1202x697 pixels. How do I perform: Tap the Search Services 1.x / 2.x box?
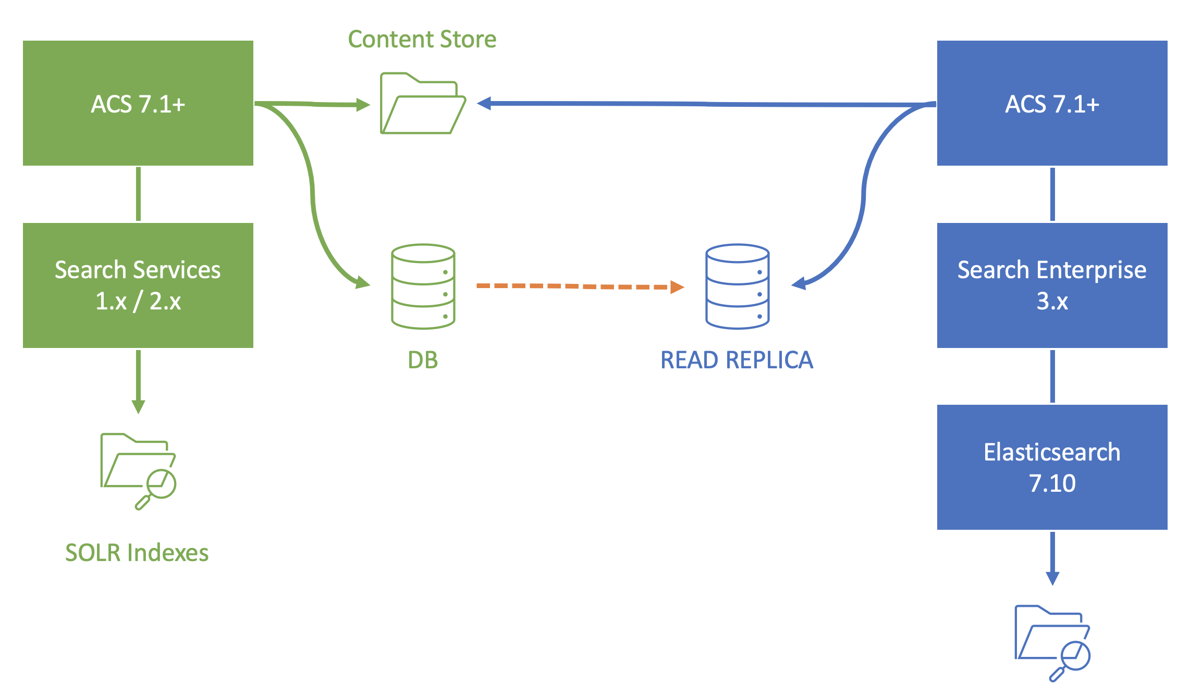pos(138,285)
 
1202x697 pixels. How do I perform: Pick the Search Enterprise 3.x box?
pos(1052,285)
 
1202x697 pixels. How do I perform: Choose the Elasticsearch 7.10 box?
pos(1052,467)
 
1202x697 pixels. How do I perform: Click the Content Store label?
pos(422,40)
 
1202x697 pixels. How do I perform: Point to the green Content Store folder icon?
pos(423,104)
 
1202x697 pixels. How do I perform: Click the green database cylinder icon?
pos(423,287)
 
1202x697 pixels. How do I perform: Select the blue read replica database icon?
pos(738,287)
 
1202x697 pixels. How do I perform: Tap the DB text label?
pos(423,360)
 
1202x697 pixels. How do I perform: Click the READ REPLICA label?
pos(737,360)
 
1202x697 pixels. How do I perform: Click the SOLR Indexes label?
pos(137,553)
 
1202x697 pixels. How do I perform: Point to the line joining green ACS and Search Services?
pos(138,194)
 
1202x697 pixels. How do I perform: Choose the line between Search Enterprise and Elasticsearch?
pos(1052,376)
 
